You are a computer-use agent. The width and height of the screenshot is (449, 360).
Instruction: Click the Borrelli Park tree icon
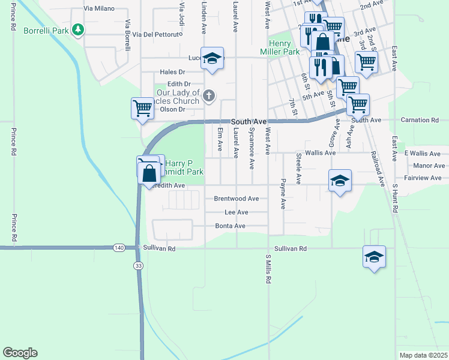point(77,29)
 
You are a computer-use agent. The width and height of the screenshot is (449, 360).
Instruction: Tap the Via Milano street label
point(98,9)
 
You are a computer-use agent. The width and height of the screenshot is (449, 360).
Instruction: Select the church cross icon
point(209,95)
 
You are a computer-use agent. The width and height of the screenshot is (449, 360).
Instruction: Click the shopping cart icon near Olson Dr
point(142,109)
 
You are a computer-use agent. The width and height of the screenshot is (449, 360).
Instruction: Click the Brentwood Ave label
point(236,199)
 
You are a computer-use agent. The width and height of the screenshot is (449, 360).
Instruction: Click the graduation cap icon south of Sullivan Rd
point(374,257)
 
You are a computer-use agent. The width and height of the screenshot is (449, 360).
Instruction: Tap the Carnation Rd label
point(426,120)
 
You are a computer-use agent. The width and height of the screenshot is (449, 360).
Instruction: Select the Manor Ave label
point(429,166)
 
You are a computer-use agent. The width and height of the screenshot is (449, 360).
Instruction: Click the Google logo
point(19,353)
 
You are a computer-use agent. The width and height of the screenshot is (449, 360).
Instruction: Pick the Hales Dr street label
point(172,72)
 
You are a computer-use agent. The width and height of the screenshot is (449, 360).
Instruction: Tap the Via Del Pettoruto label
point(157,35)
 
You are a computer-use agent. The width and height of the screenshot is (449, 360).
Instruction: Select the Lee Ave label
point(236,212)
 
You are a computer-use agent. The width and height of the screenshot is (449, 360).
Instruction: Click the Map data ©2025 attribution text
point(423,355)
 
